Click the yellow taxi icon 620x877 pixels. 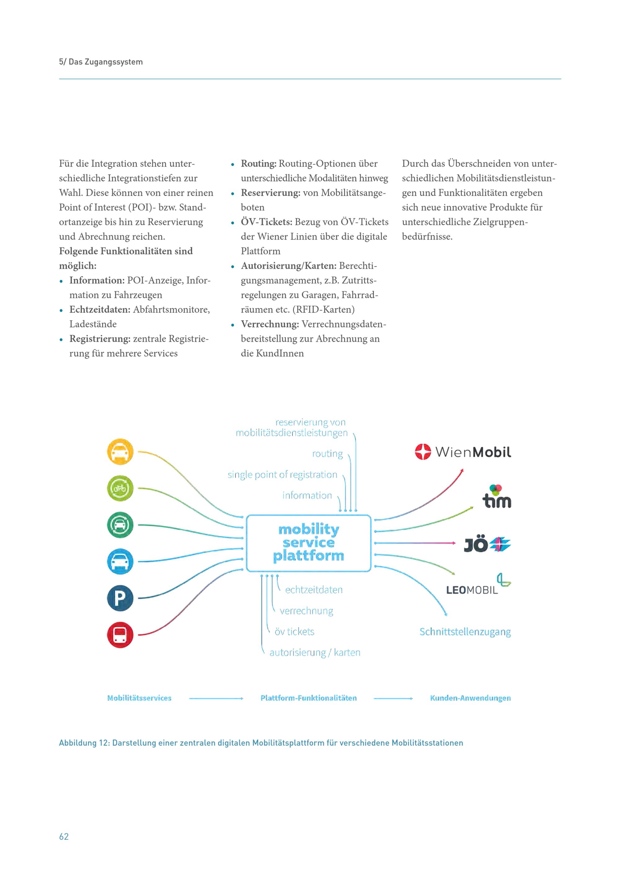pyautogui.click(x=120, y=452)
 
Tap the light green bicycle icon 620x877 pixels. pyautogui.click(x=120, y=488)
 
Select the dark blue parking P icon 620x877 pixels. pyautogui.click(x=120, y=598)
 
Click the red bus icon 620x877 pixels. pyautogui.click(x=120, y=635)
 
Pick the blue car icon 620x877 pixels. pyautogui.click(x=120, y=562)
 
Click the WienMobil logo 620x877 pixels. pyautogui.click(x=463, y=452)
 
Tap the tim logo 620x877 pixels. pyautogui.click(x=497, y=496)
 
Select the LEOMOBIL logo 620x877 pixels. pyautogui.click(x=478, y=585)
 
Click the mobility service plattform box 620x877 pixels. pyautogui.click(x=308, y=543)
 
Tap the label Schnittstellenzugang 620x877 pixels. pyautogui.click(x=465, y=632)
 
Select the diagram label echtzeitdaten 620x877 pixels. pyautogui.click(x=314, y=590)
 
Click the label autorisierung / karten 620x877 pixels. pyautogui.click(x=315, y=652)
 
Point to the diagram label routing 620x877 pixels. pyautogui.click(x=328, y=454)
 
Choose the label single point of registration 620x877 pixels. pyautogui.click(x=282, y=475)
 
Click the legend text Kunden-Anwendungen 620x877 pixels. pyautogui.click(x=470, y=698)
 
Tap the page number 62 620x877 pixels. pyautogui.click(x=64, y=836)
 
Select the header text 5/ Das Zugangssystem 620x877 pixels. pyautogui.click(x=101, y=62)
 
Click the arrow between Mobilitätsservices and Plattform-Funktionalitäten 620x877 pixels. pyautogui.click(x=216, y=698)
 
